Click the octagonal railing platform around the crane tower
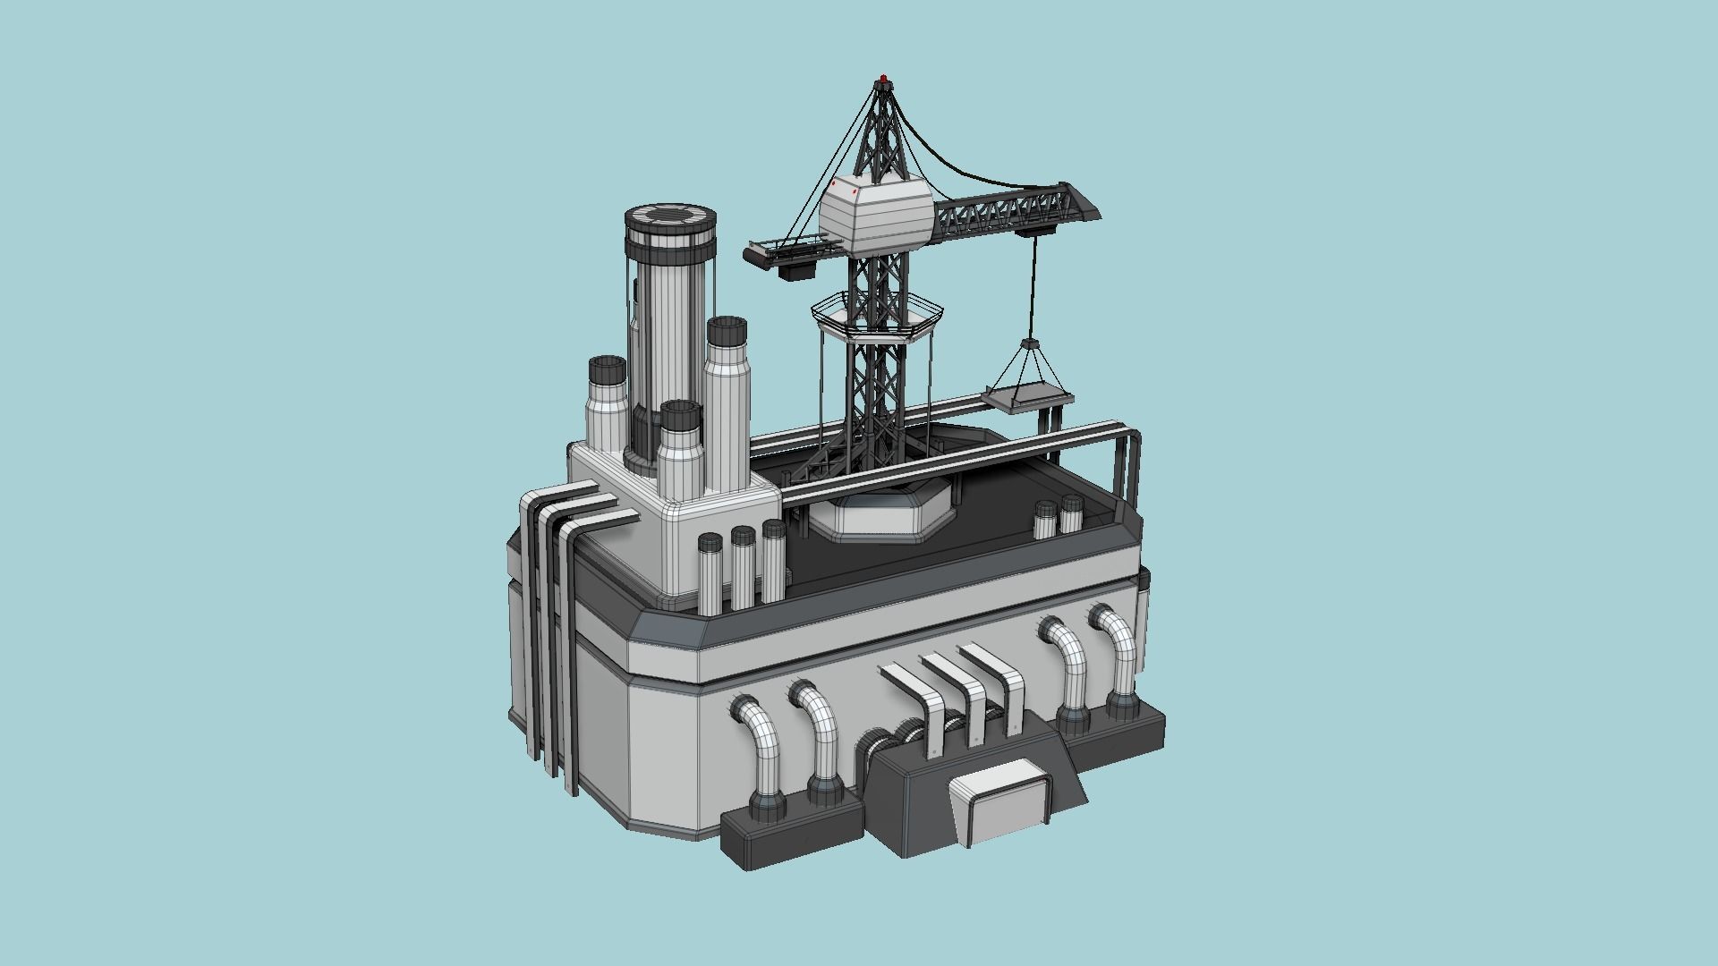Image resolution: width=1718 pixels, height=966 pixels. click(x=876, y=315)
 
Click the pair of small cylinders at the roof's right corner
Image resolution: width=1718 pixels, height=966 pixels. click(x=1059, y=518)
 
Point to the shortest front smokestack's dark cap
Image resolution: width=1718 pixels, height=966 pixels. click(x=680, y=419)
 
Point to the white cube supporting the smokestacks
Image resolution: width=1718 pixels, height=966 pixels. click(x=671, y=528)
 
